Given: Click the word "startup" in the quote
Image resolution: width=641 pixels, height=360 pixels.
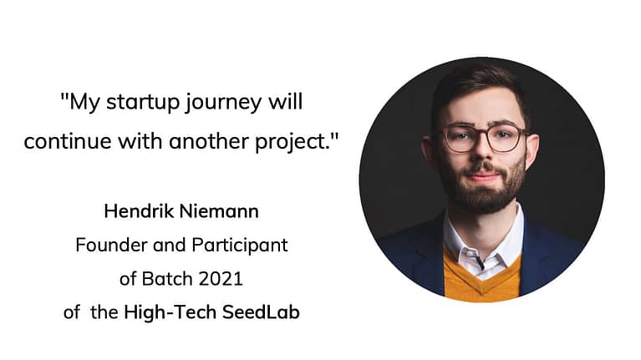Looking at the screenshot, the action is click(143, 102).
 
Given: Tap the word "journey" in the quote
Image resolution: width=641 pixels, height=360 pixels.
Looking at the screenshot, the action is click(223, 103).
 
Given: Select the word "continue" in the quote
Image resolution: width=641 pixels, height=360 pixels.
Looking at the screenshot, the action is click(68, 142).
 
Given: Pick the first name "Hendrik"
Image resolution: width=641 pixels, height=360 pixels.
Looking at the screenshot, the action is click(139, 211).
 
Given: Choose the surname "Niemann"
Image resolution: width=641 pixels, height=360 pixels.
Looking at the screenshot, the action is click(219, 211).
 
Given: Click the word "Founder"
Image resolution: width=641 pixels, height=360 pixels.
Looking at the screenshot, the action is click(111, 246).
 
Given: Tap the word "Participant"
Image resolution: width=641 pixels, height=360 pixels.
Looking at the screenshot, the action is click(240, 246).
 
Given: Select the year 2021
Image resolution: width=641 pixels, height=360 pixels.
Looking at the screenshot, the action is click(221, 279).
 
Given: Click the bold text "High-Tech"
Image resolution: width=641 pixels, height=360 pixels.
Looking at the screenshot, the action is click(170, 312).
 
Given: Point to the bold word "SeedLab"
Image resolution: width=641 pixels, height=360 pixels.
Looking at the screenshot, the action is click(262, 312).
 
